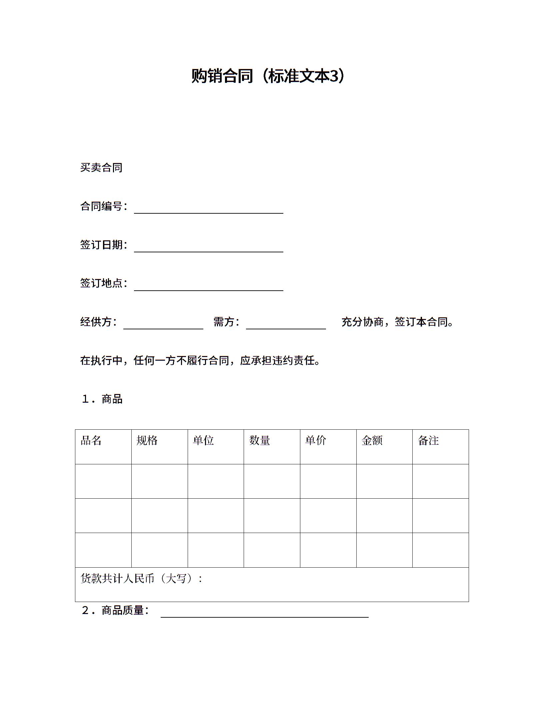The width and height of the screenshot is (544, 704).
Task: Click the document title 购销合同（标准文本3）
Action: coord(269,76)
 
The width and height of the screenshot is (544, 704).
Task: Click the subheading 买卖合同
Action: coord(101,167)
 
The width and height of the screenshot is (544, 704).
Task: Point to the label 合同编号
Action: coord(101,206)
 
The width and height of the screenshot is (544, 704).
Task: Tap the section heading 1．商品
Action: coord(102,399)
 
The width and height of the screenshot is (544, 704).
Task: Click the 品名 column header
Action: coord(91,441)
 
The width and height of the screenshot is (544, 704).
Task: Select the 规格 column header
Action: coord(147,441)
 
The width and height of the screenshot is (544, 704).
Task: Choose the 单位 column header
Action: coord(203,441)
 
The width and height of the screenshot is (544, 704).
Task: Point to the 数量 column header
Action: coord(260,441)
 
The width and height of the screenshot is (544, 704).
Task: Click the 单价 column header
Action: coord(316,441)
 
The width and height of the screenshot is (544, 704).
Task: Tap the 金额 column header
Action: coord(372,441)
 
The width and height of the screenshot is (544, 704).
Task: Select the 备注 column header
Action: coord(428,441)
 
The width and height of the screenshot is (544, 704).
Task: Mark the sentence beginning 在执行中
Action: coord(200,360)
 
